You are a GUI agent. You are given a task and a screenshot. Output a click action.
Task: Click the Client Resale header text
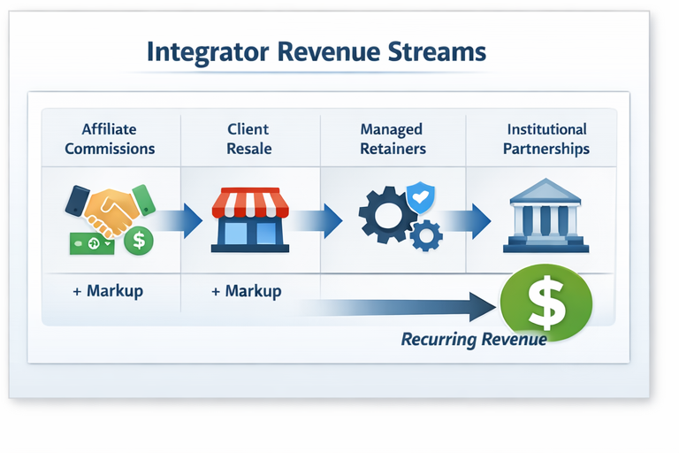coord(248,139)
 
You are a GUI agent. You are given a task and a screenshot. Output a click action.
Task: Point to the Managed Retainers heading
coord(391,139)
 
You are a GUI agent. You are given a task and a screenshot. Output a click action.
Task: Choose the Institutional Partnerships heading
coord(545,139)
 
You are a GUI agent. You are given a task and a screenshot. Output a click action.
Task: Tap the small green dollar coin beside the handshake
coord(138,239)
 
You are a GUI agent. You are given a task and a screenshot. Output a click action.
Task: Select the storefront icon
coord(249,219)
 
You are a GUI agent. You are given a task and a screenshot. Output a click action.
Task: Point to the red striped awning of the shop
coord(249,203)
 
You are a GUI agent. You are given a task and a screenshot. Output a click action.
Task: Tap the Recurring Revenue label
coord(473,339)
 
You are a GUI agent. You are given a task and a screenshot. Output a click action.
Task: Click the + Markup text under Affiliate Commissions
coord(107,291)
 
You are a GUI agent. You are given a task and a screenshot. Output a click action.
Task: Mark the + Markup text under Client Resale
coord(247,291)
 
